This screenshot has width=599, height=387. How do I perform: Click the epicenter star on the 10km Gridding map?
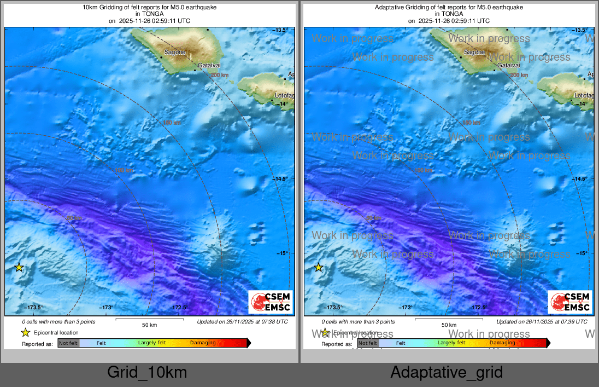(x=19, y=267)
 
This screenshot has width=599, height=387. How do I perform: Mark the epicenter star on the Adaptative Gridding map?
(x=319, y=267)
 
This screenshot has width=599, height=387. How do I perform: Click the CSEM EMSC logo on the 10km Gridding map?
(x=271, y=302)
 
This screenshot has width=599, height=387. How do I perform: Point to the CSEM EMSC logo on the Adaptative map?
(x=570, y=302)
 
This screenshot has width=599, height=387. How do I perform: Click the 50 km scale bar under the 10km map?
(x=150, y=320)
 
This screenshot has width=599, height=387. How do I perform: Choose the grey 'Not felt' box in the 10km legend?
(x=68, y=343)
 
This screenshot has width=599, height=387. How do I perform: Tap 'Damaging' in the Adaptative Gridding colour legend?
(x=502, y=343)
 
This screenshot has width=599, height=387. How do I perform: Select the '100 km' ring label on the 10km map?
(x=124, y=170)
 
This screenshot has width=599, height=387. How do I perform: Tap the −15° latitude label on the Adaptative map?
(x=580, y=253)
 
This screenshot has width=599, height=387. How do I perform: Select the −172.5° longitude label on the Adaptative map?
(x=478, y=308)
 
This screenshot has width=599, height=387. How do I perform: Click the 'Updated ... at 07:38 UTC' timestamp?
(x=242, y=322)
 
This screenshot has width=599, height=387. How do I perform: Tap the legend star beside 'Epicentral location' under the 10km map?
(x=25, y=332)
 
